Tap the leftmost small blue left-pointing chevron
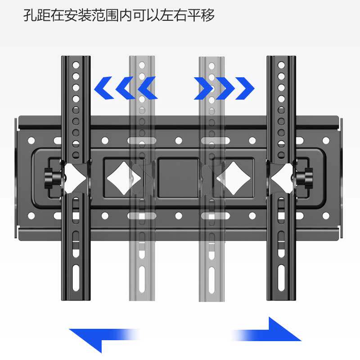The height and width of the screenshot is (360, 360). click(104, 88)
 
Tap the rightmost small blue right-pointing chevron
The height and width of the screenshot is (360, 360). click(245, 88)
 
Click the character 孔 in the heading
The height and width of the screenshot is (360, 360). click(31, 15)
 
